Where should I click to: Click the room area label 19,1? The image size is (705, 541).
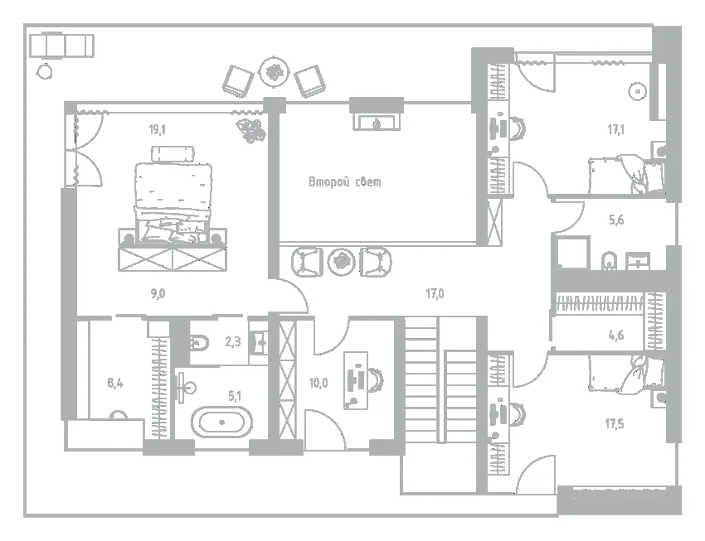[158, 130]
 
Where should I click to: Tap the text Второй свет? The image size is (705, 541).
[345, 181]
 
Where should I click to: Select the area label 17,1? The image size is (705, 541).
[615, 130]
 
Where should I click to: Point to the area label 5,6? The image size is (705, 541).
[616, 220]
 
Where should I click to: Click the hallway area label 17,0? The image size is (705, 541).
[435, 293]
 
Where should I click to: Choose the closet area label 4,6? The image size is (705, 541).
[616, 335]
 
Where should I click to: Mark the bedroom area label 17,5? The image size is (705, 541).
[614, 423]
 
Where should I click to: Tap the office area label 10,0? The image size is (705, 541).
[318, 383]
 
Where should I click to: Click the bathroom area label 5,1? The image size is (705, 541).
[234, 396]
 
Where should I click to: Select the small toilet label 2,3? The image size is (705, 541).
[233, 342]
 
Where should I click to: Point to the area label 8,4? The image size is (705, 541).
[115, 383]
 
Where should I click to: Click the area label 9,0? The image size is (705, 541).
[158, 293]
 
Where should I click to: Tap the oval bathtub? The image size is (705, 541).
[221, 422]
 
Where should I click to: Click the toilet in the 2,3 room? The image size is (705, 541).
[199, 344]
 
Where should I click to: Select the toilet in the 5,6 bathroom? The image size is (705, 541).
[609, 261]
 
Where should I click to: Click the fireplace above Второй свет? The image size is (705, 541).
[377, 122]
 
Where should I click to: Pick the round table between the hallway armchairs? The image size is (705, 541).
[341, 262]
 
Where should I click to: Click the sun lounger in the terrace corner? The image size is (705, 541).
[61, 46]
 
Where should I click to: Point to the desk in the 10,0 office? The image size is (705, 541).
[356, 380]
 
